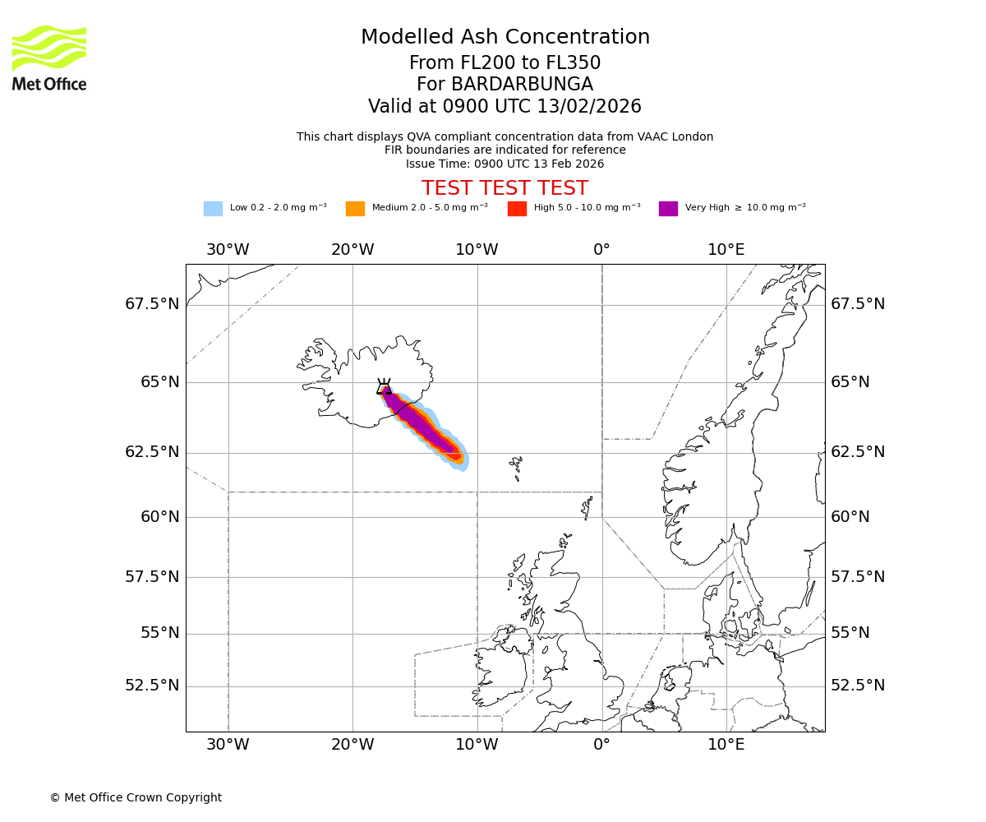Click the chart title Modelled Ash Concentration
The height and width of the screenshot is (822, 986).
coord(505,38)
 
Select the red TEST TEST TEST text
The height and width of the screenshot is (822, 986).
coord(505,188)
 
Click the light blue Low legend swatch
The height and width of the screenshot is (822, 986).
coord(213,209)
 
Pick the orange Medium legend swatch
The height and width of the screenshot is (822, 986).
coord(355,209)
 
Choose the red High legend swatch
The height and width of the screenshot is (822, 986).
coord(517,209)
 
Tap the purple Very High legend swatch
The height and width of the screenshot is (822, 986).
coord(668,209)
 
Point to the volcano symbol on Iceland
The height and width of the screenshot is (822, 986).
coord(384,386)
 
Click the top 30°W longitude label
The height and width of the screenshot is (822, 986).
coord(228,250)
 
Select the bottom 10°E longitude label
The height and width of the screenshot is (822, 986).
coord(726,745)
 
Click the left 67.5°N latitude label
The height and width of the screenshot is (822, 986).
coord(152,304)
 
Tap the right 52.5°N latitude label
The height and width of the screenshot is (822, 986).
coord(858,686)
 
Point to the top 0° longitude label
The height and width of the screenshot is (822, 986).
coord(601,250)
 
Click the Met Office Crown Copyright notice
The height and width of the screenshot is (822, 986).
coord(136,797)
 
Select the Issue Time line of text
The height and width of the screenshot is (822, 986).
coord(505,164)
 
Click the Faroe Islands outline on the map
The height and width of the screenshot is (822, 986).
coord(516,468)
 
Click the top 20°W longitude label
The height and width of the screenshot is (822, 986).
coord(352,250)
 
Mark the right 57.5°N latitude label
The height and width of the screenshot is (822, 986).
coord(858,577)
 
